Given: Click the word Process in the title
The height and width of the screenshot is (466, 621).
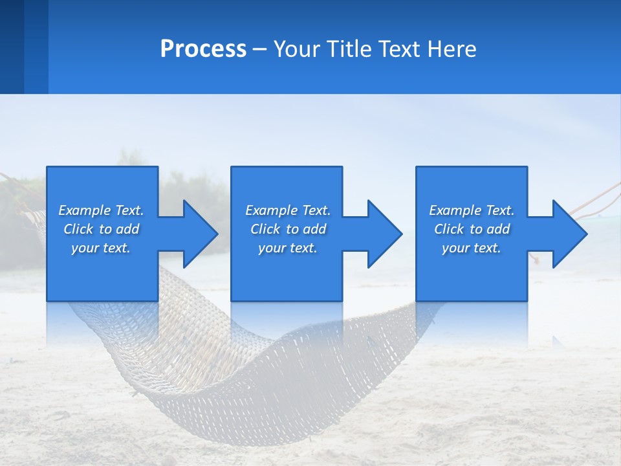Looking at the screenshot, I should [x=203, y=49].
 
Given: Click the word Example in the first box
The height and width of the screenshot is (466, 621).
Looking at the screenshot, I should [x=84, y=210].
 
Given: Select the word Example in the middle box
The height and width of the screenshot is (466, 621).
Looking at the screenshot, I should [x=271, y=210].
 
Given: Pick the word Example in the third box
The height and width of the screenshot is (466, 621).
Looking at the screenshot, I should [x=455, y=210].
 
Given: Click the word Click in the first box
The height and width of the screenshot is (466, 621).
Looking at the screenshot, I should [x=78, y=229].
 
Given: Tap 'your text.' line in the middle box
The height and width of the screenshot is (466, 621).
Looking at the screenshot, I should [x=287, y=248].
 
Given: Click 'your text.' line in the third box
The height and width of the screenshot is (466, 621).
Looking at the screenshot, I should [x=471, y=248].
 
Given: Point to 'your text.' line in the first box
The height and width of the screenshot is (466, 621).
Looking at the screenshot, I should [x=101, y=248].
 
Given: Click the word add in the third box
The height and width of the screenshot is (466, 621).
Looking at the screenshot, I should [x=498, y=229].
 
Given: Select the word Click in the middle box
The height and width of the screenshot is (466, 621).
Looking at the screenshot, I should [x=265, y=229].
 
